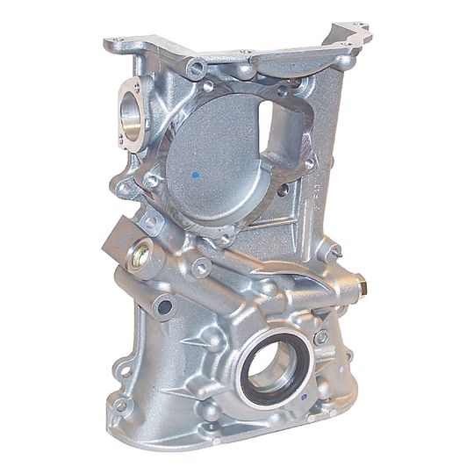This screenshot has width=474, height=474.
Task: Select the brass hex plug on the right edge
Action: [360, 285]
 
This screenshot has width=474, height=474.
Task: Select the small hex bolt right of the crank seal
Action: [321, 336]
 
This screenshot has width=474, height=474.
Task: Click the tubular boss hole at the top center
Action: [195, 67]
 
